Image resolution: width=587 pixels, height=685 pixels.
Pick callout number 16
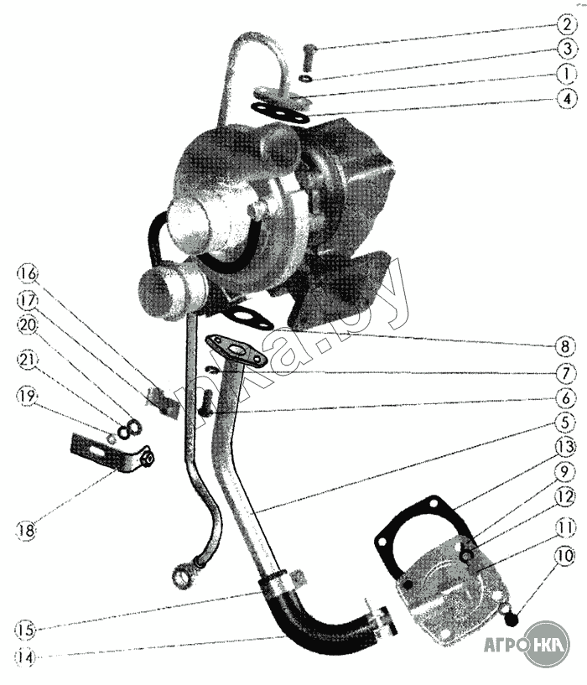pyautogui.click(x=28, y=274)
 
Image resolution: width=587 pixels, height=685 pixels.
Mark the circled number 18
pyautogui.click(x=28, y=529)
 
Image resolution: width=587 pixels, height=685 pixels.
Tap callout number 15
pyautogui.click(x=28, y=629)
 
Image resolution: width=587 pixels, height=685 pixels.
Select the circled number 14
pyautogui.click(x=28, y=657)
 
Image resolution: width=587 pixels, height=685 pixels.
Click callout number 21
pyautogui.click(x=28, y=361)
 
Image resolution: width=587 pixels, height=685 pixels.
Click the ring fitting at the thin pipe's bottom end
pyautogui.click(x=184, y=577)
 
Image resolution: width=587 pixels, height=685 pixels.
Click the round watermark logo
pyautogui.click(x=544, y=644)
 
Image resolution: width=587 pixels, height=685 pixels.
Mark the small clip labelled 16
pyautogui.click(x=167, y=403)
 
